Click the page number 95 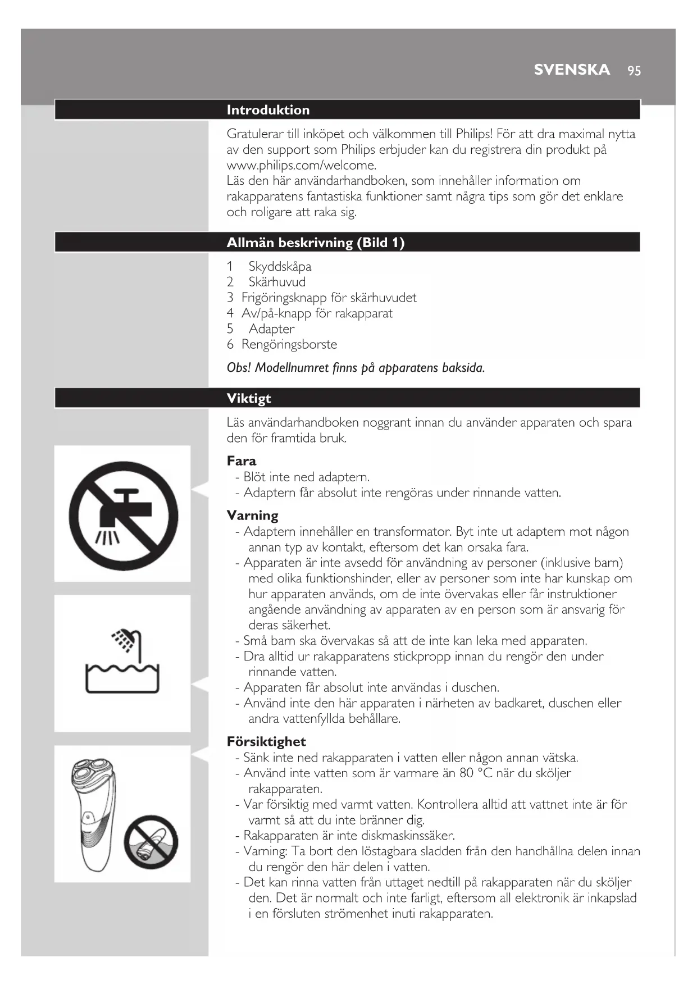[634, 71]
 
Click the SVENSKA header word [572, 70]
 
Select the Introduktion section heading [268, 110]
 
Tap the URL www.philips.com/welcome [301, 165]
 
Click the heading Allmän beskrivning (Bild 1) [315, 243]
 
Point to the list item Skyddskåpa [280, 266]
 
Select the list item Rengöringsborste [289, 344]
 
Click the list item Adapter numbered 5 [271, 329]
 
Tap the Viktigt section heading [249, 398]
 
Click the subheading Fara [242, 461]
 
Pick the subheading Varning [252, 516]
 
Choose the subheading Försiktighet [266, 741]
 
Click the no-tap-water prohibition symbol [123, 515]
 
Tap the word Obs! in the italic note [239, 368]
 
